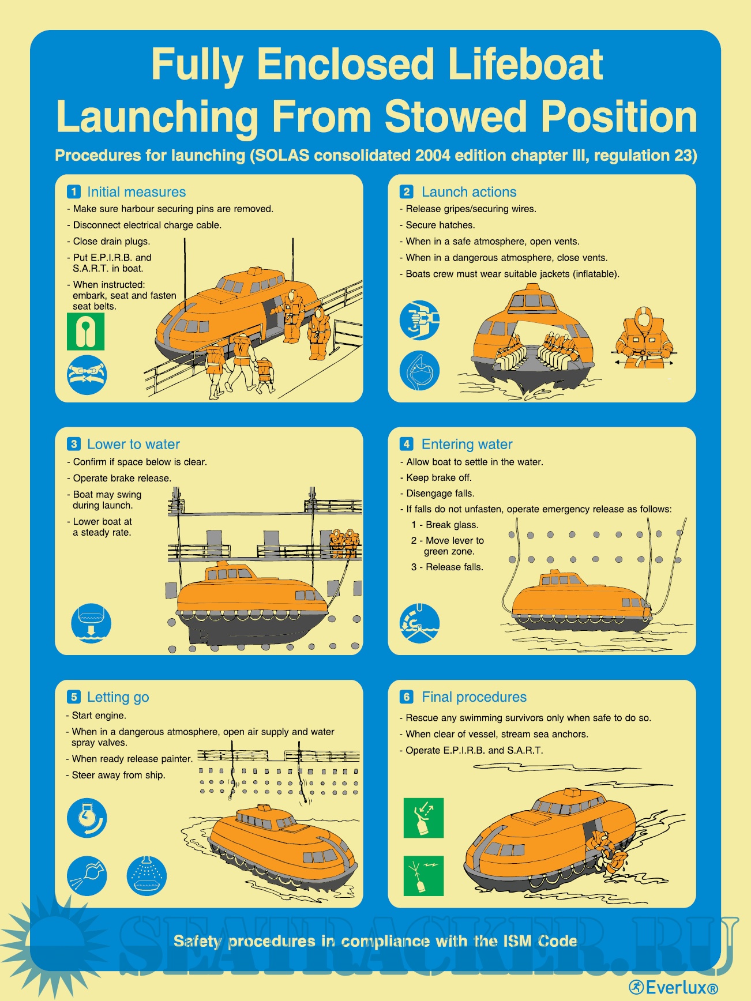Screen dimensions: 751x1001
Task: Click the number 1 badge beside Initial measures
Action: tap(74, 191)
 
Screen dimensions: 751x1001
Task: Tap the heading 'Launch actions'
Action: tap(469, 192)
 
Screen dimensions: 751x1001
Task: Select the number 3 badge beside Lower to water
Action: tap(74, 444)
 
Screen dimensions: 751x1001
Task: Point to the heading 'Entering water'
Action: tap(467, 445)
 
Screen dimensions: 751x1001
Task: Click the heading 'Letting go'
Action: tap(118, 697)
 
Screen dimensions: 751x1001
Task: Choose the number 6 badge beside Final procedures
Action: tap(407, 697)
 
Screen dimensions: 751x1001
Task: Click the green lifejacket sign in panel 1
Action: tap(86, 332)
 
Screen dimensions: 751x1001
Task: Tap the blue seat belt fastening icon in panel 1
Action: tap(87, 375)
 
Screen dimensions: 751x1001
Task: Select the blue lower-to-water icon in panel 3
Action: tap(91, 623)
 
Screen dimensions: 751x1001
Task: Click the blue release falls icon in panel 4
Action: tap(419, 623)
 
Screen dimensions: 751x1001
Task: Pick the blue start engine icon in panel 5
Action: tap(87, 818)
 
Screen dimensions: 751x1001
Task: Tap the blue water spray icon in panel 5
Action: tap(147, 876)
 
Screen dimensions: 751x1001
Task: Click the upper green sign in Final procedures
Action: tap(424, 818)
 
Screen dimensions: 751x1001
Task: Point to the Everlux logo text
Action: tap(674, 988)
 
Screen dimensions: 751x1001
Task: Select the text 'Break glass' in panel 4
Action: tap(452, 525)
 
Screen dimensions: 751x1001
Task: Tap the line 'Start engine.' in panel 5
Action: tap(99, 716)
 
